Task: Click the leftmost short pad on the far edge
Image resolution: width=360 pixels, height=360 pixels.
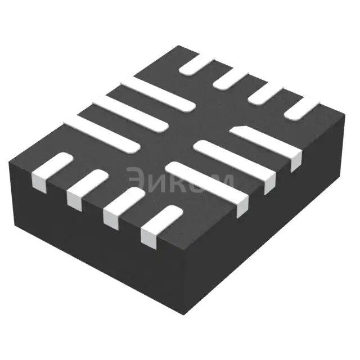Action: pyautogui.click(x=197, y=64)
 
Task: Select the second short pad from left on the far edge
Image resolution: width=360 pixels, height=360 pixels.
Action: pyautogui.click(x=231, y=78)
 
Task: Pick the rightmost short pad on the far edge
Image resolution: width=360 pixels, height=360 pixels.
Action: pyautogui.click(x=301, y=107)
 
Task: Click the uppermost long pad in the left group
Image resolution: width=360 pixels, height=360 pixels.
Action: pyautogui.click(x=157, y=93)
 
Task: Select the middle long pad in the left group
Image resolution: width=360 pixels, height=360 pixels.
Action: pyautogui.click(x=130, y=114)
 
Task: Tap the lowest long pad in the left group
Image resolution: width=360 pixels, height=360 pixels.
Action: pyautogui.click(x=101, y=136)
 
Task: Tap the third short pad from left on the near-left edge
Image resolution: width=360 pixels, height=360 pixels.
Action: pyautogui.click(x=123, y=205)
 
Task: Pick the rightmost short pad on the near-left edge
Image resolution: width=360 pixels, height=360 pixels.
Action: pyautogui.click(x=161, y=223)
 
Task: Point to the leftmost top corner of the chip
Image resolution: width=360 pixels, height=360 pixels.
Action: pyautogui.click(x=10, y=161)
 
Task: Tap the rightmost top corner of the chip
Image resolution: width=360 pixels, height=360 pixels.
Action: pyautogui.click(x=344, y=115)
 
